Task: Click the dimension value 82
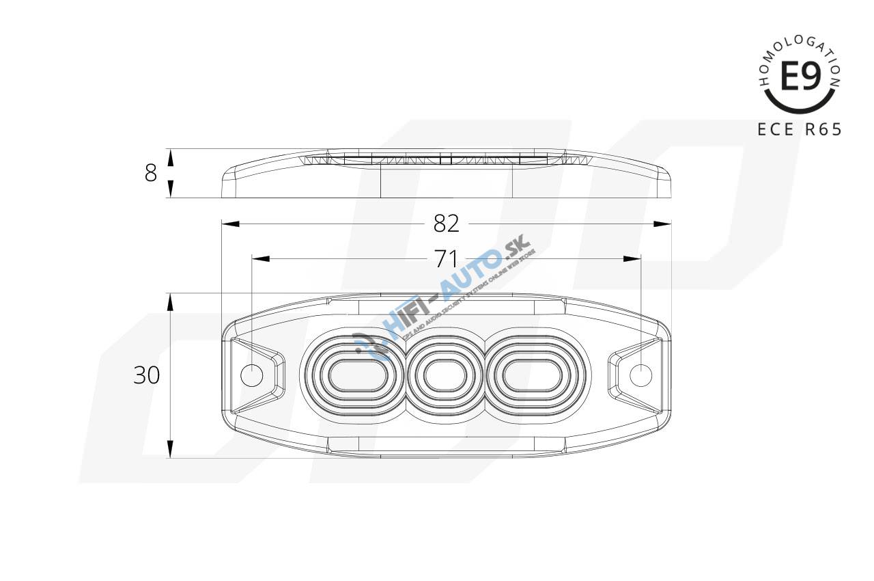pos(447,224)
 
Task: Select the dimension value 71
pos(446,258)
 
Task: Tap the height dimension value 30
pos(146,375)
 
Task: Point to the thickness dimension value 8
pos(151,174)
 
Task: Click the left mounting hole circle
pos(252,375)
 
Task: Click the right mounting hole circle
pos(640,375)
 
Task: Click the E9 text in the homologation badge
pos(800,77)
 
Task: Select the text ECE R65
pos(800,130)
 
